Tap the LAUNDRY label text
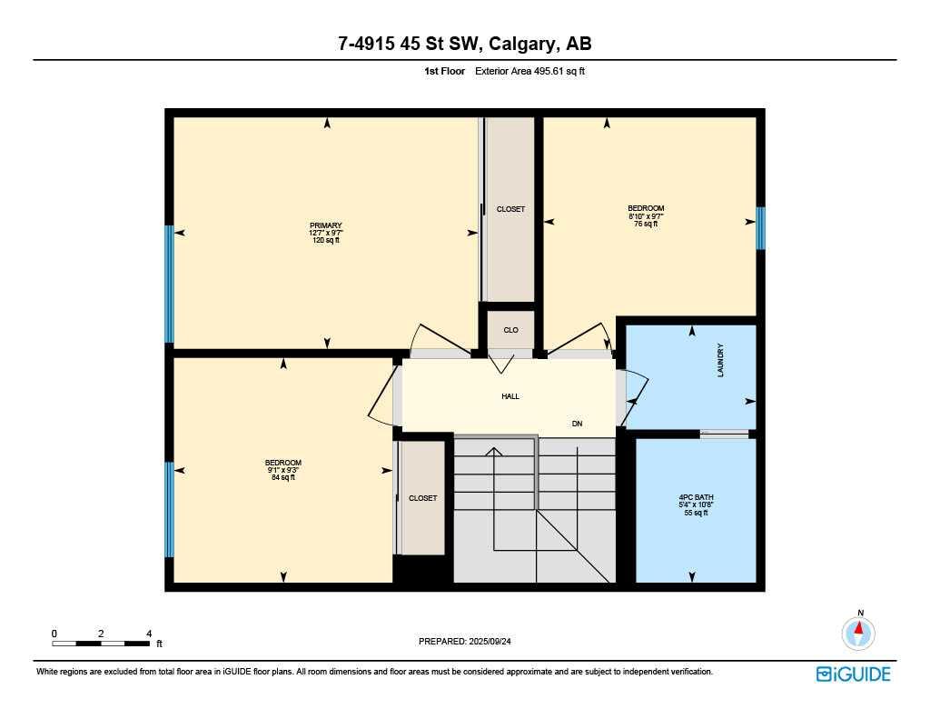[x=721, y=360]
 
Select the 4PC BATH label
[x=695, y=498]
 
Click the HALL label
[x=510, y=396]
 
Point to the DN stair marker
[x=577, y=424]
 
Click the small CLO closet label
[x=510, y=330]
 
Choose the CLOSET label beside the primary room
[x=510, y=209]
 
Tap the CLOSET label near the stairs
[x=422, y=498]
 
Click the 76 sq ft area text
[x=646, y=224]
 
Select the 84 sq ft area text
[x=283, y=477]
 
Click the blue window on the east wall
[x=760, y=227]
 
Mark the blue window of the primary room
[x=169, y=284]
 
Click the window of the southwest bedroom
[x=169, y=509]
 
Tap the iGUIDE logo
[x=853, y=674]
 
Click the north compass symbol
[x=858, y=632]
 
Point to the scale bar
[x=101, y=644]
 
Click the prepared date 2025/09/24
[x=471, y=641]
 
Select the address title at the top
[x=464, y=45]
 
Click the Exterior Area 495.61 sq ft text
[x=529, y=71]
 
